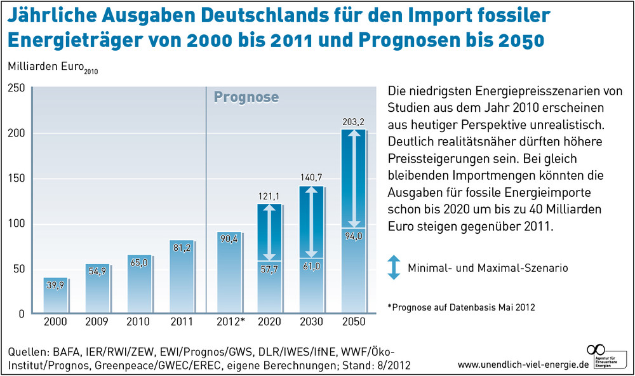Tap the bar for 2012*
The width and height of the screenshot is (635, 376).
(229, 273)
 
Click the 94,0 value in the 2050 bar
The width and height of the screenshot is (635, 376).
(353, 236)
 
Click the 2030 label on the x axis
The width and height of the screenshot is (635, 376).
(311, 322)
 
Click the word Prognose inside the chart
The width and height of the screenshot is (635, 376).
(246, 97)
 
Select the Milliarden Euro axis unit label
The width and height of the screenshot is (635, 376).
(44, 66)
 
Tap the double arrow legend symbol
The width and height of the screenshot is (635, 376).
(394, 268)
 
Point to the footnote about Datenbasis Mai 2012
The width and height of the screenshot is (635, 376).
(461, 307)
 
